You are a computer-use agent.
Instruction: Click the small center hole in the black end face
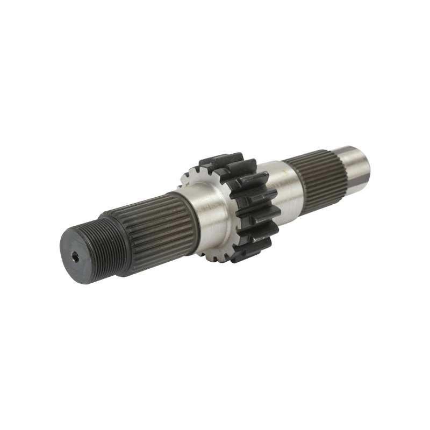(x=76, y=257)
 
